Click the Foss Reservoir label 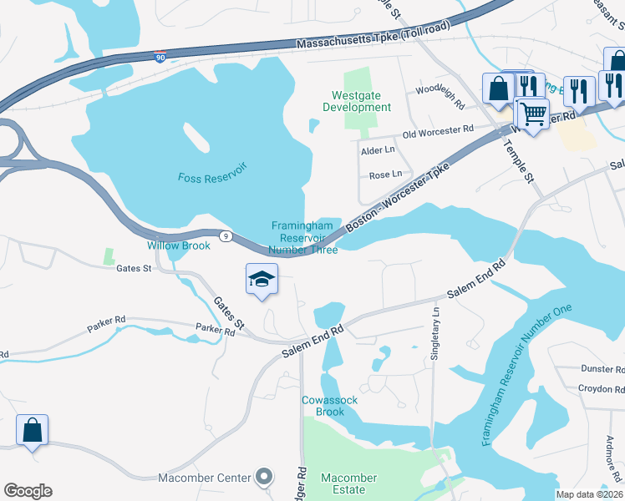212,177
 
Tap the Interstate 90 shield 160,57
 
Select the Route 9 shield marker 226,236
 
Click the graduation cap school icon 262,279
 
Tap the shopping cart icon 533,113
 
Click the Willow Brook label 179,245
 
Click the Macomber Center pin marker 264,477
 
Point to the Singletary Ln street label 435,333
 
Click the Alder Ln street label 377,149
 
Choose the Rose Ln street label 385,175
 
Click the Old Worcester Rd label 438,132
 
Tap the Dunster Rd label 602,368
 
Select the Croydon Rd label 601,388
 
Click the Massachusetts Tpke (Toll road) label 373,37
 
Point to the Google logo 28,491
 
